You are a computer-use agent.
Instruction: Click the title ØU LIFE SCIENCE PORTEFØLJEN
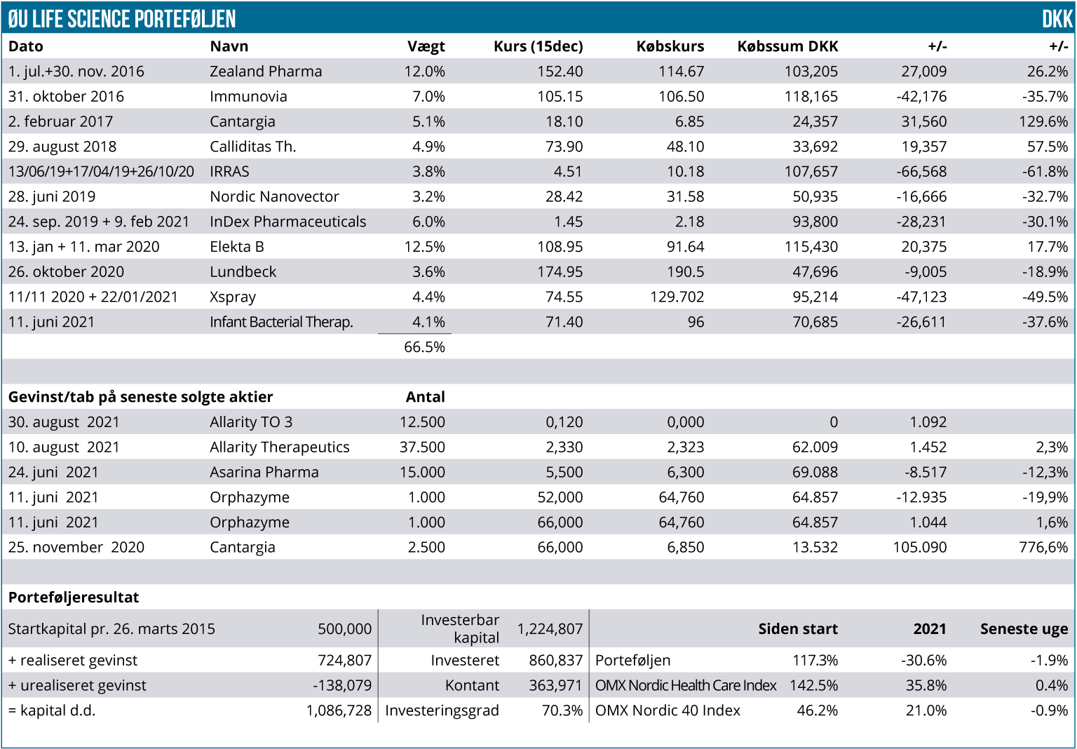tap(122, 19)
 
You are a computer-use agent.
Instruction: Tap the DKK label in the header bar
tap(1057, 19)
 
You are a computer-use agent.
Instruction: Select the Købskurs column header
tap(670, 46)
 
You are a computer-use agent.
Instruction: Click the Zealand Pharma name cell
tap(266, 72)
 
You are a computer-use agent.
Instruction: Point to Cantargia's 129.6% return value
tap(1043, 121)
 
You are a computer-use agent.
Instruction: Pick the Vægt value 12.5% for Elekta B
tap(424, 247)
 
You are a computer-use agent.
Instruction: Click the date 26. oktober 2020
tap(66, 272)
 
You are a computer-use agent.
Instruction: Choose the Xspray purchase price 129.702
tap(677, 297)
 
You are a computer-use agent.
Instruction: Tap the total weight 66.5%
tap(424, 347)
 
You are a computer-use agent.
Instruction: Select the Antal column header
tap(425, 397)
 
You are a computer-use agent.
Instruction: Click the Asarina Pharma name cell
tap(264, 473)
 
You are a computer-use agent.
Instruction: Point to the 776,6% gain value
tap(1043, 548)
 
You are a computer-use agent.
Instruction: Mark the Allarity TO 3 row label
tap(251, 422)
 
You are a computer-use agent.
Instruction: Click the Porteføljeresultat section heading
tap(74, 598)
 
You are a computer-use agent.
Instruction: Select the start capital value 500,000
tap(344, 629)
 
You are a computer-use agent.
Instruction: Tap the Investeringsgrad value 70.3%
tap(562, 710)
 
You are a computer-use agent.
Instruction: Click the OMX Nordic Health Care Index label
tap(685, 686)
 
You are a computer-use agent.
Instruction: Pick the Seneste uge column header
tap(1024, 629)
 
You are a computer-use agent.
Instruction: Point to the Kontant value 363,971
tap(555, 686)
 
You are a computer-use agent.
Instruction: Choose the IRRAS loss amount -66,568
tap(921, 172)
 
